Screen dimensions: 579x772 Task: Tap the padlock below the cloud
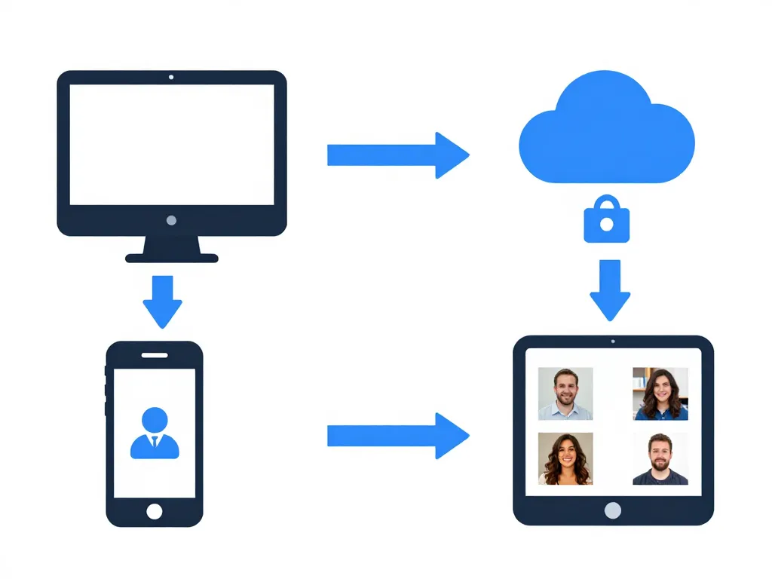(607, 222)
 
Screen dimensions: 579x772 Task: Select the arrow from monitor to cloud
(397, 155)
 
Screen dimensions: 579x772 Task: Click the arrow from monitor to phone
(162, 300)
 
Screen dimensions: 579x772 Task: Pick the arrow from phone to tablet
(397, 436)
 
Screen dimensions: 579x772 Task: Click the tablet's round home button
(613, 510)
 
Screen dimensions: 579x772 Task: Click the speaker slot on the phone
(155, 355)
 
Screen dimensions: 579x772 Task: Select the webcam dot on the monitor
(172, 77)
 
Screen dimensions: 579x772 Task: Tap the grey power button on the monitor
(172, 220)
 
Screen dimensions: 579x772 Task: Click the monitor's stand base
(172, 258)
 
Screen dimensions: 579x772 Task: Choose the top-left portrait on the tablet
(565, 394)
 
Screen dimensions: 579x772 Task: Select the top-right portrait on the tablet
(660, 394)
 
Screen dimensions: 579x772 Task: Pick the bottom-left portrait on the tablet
(565, 458)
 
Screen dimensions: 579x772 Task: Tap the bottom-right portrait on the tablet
(660, 458)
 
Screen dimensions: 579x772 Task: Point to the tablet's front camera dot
(613, 342)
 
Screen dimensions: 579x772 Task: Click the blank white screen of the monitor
(172, 144)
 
